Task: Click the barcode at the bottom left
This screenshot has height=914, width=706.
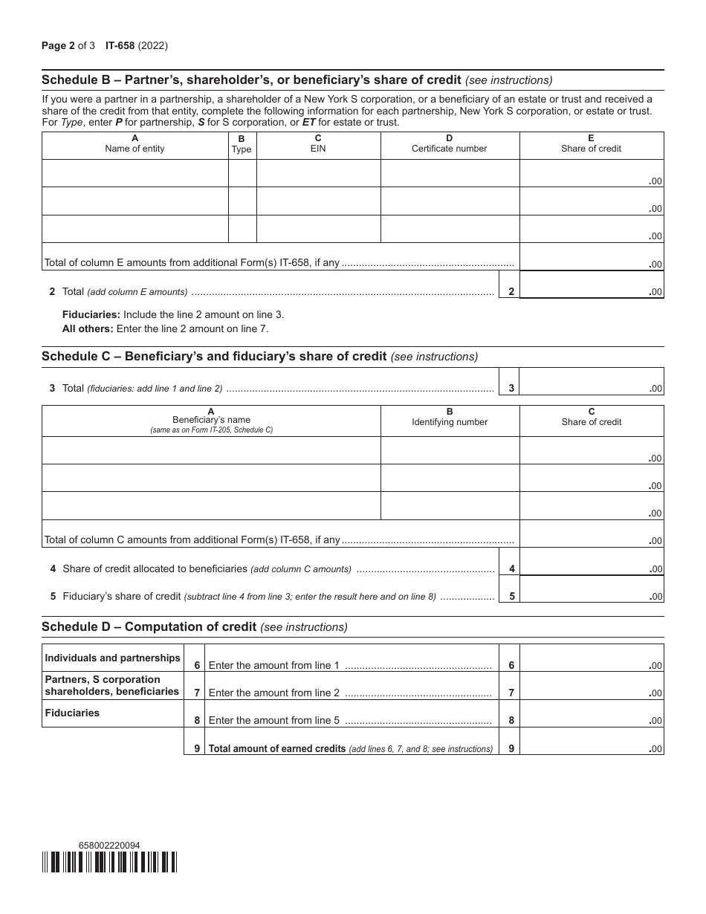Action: point(109,862)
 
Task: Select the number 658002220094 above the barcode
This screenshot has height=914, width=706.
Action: point(109,846)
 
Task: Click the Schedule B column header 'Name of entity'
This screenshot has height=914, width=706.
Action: point(135,148)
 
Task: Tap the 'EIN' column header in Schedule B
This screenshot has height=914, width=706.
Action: point(318,148)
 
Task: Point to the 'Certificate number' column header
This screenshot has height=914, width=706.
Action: point(450,148)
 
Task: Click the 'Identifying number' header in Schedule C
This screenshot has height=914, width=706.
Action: point(450,422)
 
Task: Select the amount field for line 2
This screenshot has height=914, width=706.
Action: point(591,285)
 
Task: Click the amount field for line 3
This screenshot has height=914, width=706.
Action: point(591,382)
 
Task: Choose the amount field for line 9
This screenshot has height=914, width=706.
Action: point(591,742)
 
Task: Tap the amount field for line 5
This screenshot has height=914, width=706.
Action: point(591,589)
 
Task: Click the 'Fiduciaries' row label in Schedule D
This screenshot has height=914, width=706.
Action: point(72,713)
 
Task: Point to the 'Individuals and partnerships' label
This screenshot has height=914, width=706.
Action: point(112,658)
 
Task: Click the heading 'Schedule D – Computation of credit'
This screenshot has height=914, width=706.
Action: point(194,626)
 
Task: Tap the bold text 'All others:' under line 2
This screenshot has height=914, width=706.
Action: point(88,328)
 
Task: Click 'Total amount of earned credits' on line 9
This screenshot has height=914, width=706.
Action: point(277,748)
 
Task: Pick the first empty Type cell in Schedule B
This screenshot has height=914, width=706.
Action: point(242,174)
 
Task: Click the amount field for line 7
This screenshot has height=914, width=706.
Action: point(591,687)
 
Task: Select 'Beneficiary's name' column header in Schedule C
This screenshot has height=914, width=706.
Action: point(211,420)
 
